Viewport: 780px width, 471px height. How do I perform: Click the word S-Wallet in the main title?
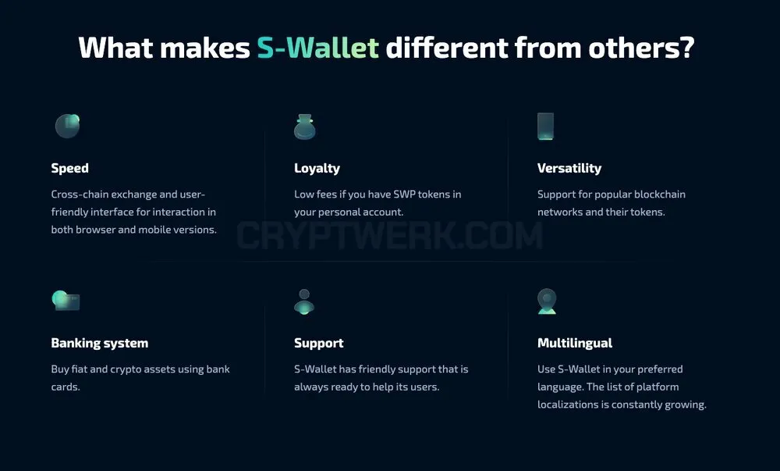(x=318, y=48)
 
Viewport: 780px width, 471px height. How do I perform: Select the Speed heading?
(x=69, y=168)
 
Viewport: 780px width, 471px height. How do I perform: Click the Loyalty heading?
(x=317, y=168)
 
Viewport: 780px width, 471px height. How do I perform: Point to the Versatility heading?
(x=569, y=168)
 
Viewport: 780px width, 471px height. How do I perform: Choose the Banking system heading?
(x=100, y=343)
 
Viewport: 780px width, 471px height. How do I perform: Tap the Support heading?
(x=319, y=343)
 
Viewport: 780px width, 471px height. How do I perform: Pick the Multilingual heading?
(x=575, y=343)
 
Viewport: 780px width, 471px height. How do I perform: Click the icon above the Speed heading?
(x=68, y=126)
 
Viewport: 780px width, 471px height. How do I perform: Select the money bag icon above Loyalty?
(x=304, y=127)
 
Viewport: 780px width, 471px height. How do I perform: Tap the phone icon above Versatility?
(x=545, y=127)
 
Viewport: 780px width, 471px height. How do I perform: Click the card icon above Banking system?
(x=66, y=300)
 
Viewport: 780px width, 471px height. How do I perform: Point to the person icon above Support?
(x=304, y=302)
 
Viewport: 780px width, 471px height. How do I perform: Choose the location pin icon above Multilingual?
(x=547, y=302)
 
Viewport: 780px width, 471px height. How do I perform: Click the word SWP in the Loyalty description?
(x=404, y=194)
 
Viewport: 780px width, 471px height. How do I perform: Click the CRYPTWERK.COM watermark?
(x=389, y=236)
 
